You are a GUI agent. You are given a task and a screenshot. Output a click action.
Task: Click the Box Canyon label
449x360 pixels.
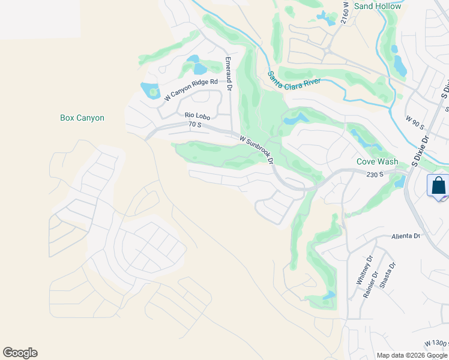pyautogui.click(x=82, y=118)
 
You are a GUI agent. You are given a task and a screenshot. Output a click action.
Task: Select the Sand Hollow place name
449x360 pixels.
pyautogui.click(x=378, y=6)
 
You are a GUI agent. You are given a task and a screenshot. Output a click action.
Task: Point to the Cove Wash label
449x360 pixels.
pyautogui.click(x=377, y=161)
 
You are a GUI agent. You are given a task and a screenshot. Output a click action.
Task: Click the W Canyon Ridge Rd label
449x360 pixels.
pyautogui.click(x=191, y=89)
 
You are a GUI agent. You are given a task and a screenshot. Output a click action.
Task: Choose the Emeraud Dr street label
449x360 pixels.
pyautogui.click(x=229, y=74)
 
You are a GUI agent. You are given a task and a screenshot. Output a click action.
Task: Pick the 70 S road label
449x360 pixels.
pyautogui.click(x=194, y=124)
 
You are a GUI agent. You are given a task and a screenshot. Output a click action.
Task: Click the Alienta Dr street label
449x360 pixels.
pyautogui.click(x=406, y=236)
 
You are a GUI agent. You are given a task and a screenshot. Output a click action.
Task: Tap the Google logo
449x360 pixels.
pyautogui.click(x=20, y=353)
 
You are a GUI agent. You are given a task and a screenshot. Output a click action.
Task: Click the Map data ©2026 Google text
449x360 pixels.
pyautogui.click(x=412, y=355)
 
